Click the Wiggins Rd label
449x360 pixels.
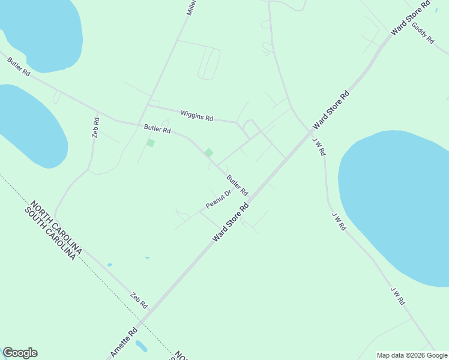pyautogui.click(x=197, y=115)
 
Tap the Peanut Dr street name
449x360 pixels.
pyautogui.click(x=218, y=199)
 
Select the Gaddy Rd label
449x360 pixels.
pyautogui.click(x=423, y=32)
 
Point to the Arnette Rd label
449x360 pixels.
pyautogui.click(x=124, y=343)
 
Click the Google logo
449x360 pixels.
pyautogui.click(x=20, y=353)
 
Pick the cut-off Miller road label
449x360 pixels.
pyautogui.click(x=191, y=7)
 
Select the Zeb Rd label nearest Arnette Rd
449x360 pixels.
pyautogui.click(x=139, y=300)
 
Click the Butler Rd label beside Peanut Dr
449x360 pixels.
pyautogui.click(x=237, y=185)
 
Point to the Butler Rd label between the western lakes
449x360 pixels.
pyautogui.click(x=19, y=67)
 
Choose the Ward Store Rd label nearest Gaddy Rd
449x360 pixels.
pyautogui.click(x=411, y=18)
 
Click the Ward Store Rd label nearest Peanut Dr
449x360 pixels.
pyautogui.click(x=231, y=222)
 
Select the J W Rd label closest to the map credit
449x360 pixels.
pyautogui.click(x=397, y=296)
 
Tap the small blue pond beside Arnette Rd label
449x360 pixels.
pyautogui.click(x=141, y=346)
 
